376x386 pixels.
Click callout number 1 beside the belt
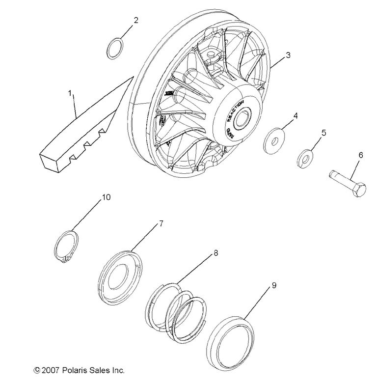(70, 92)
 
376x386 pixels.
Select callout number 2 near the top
(136, 20)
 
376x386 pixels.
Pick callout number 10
(106, 197)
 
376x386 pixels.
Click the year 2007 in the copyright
(47, 370)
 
